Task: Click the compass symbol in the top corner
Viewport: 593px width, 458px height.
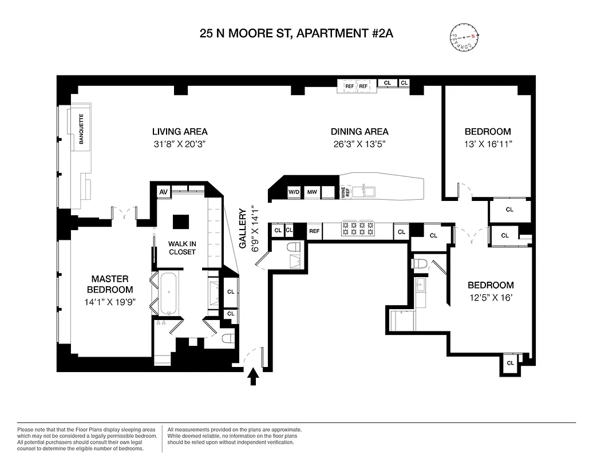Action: tap(464, 37)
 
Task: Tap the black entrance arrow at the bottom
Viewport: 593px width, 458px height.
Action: tap(252, 377)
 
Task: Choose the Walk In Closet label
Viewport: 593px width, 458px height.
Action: tap(182, 248)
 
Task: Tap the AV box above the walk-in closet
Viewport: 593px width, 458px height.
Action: tap(163, 191)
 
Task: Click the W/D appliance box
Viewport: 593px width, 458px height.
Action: tap(294, 192)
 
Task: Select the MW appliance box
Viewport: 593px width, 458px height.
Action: tap(312, 192)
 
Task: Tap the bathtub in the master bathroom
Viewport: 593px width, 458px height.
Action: tap(169, 294)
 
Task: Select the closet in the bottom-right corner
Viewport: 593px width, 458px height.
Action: tap(509, 363)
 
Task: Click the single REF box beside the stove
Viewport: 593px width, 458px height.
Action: tap(314, 232)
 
